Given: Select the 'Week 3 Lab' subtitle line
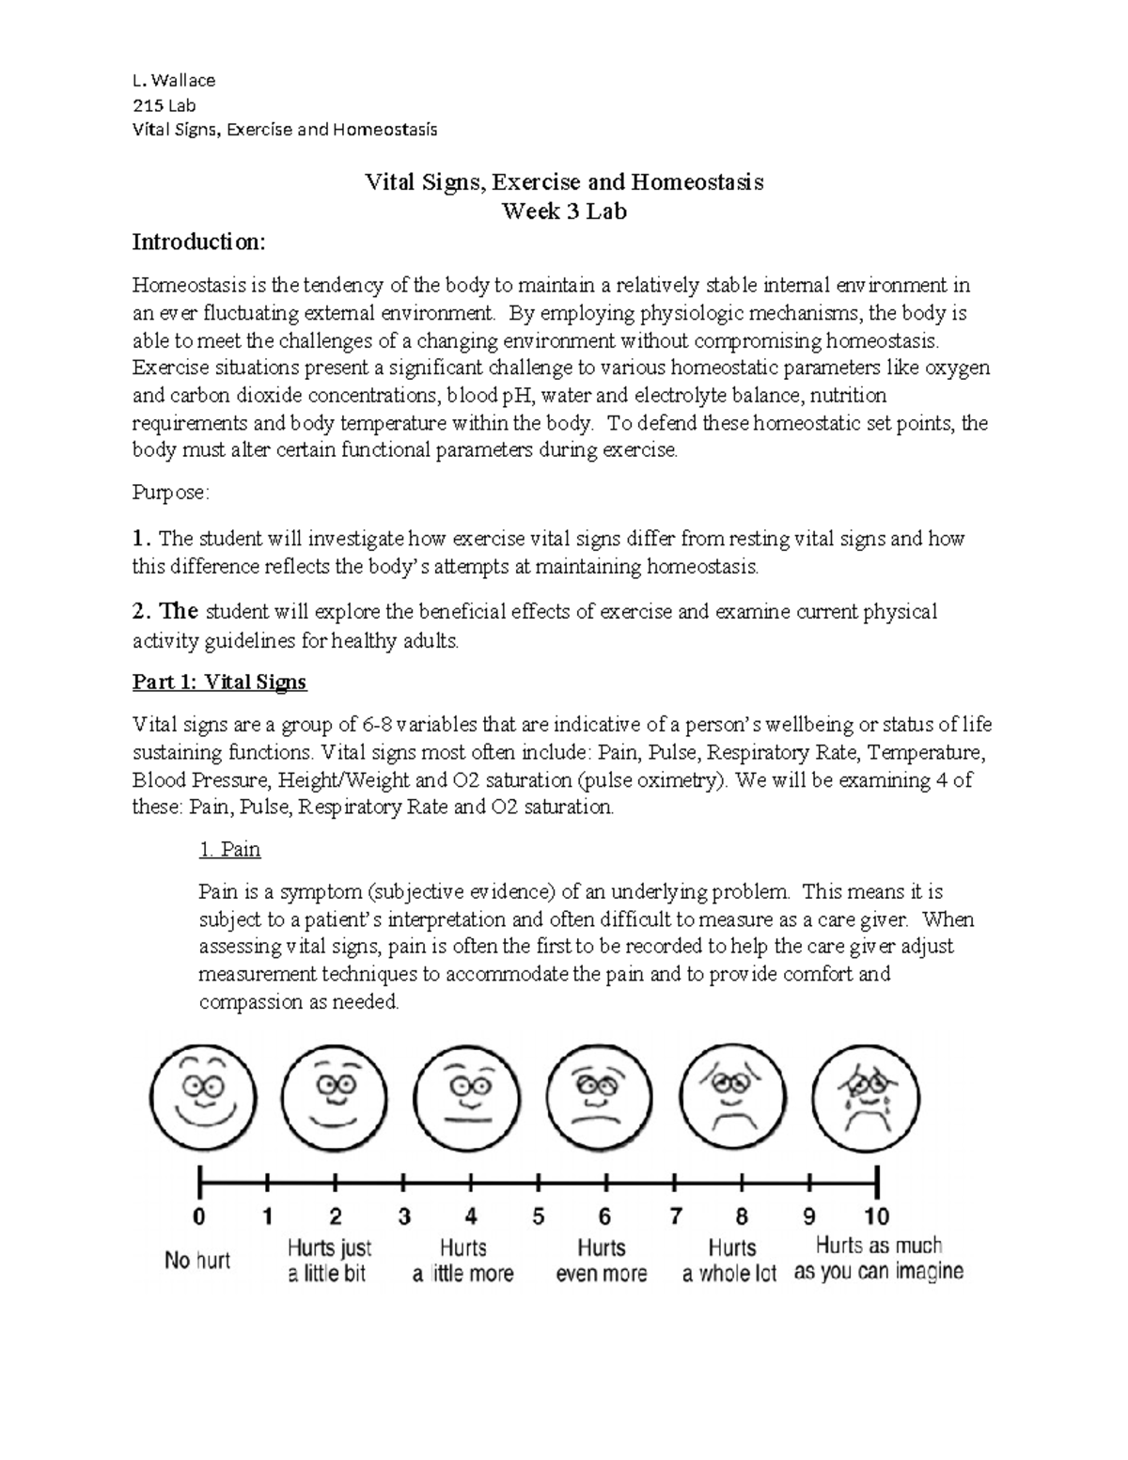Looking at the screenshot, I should point(564,211).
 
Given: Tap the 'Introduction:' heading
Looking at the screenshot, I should point(198,242).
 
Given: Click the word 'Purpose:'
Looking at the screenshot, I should point(170,493).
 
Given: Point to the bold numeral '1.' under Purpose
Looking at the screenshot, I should point(141,539).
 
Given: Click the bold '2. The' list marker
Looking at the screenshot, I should point(164,611).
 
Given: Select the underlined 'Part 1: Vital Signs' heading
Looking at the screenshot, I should point(219,682).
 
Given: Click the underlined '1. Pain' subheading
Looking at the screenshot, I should point(229,850).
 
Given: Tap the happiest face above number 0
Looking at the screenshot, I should point(201,1096).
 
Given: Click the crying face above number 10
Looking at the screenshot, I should point(867,1096).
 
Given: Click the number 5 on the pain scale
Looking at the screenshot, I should point(539,1217).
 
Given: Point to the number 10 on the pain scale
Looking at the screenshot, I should point(876,1217).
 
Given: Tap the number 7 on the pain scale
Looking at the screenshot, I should point(675,1217).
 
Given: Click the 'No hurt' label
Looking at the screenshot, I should point(197,1261).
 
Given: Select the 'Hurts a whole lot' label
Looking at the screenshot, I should point(730,1261).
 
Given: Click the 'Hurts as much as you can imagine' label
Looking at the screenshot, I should point(878,1259).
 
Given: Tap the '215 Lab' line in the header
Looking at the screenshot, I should point(164,105).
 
